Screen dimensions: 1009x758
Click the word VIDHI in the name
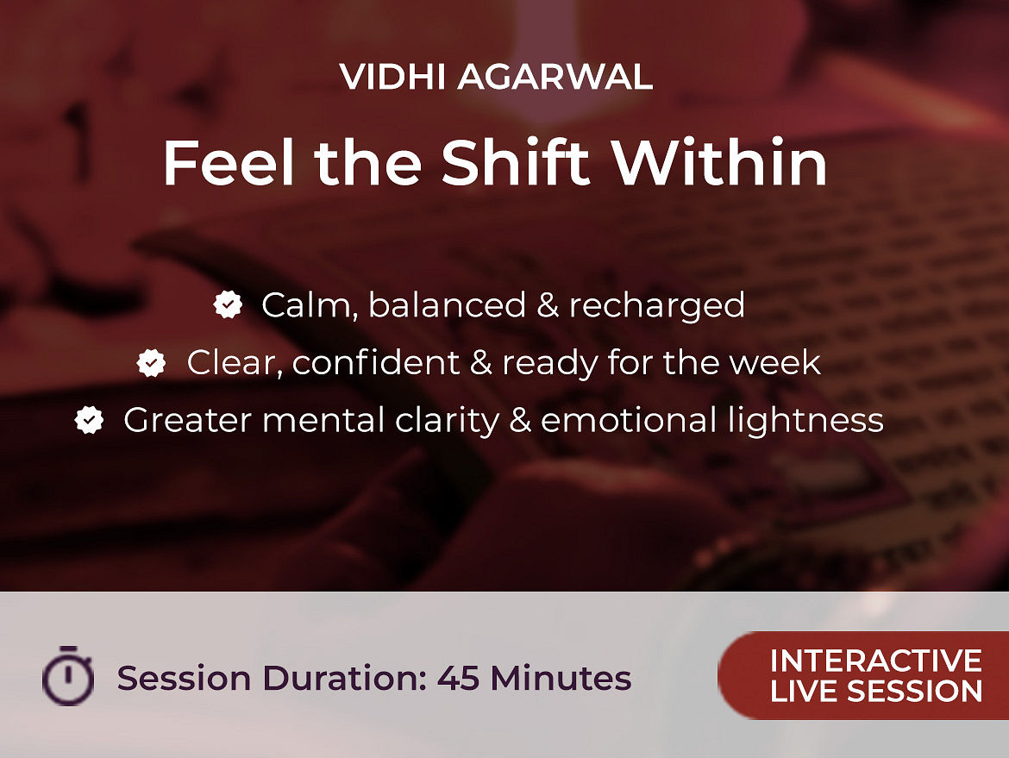[392, 78]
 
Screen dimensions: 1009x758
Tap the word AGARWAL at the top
[555, 78]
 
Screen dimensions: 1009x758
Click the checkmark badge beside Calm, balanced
[228, 304]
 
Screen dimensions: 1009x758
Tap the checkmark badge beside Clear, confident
[151, 362]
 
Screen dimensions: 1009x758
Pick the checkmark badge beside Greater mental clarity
[89, 420]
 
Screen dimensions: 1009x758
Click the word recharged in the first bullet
[657, 305]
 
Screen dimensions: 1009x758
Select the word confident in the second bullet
[376, 362]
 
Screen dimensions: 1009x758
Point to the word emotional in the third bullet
[629, 420]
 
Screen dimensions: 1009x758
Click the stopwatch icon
[68, 675]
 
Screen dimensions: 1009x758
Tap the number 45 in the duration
[458, 678]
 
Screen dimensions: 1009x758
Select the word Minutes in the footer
[561, 678]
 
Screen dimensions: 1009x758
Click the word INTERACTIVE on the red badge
[876, 661]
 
